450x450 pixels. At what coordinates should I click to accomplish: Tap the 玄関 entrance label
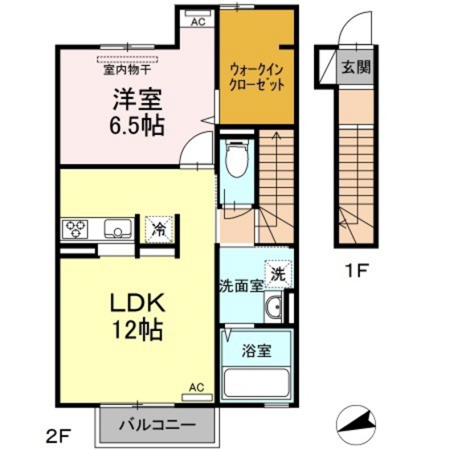coord(354,67)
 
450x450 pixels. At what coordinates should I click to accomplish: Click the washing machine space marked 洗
coord(276,273)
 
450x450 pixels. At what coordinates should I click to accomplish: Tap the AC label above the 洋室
coord(198,22)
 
